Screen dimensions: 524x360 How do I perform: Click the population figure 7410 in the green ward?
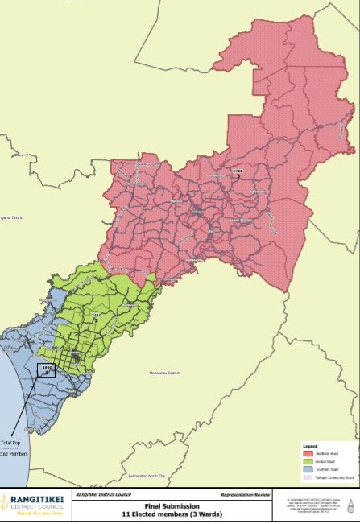click(97, 315)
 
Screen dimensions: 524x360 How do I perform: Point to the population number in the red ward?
click(237, 171)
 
